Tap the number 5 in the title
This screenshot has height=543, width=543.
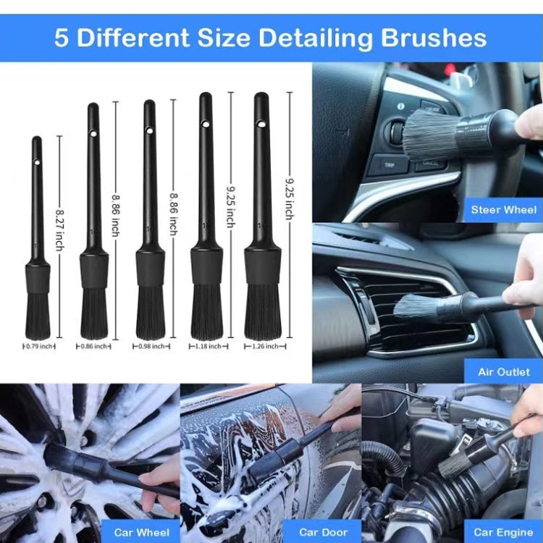pyautogui.click(x=62, y=38)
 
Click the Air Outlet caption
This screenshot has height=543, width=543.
pyautogui.click(x=503, y=371)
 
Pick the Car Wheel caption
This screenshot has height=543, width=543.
pyautogui.click(x=142, y=532)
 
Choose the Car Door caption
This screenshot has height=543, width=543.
pyautogui.click(x=324, y=532)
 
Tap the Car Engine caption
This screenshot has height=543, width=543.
pyautogui.click(x=503, y=532)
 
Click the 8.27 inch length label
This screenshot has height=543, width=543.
pyautogui.click(x=59, y=230)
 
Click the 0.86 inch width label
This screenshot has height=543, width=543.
pyautogui.click(x=94, y=347)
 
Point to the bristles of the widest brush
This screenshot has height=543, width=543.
pyautogui.click(x=262, y=311)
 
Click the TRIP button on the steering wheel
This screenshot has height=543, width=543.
pyautogui.click(x=390, y=164)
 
